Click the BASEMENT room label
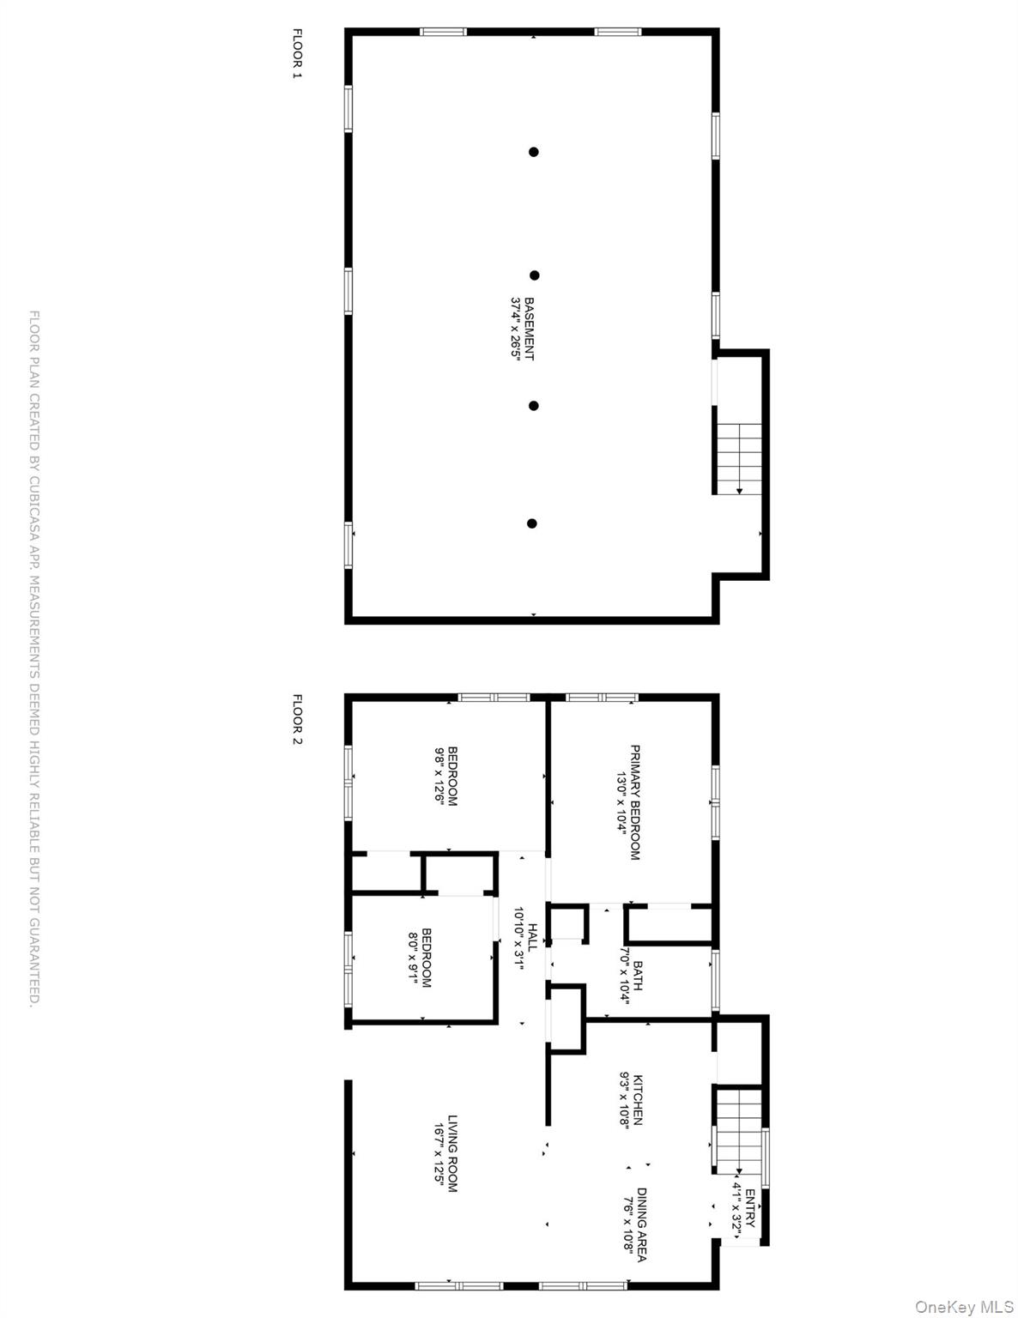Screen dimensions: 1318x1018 (529, 329)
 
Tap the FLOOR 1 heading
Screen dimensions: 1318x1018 (298, 53)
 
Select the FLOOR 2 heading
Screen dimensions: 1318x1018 (298, 719)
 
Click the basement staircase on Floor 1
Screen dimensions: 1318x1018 (739, 459)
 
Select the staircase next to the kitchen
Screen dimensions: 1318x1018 (738, 1129)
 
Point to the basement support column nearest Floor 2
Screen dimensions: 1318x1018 (532, 523)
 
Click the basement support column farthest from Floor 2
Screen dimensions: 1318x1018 (533, 152)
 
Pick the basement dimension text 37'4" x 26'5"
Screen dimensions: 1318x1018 (516, 329)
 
